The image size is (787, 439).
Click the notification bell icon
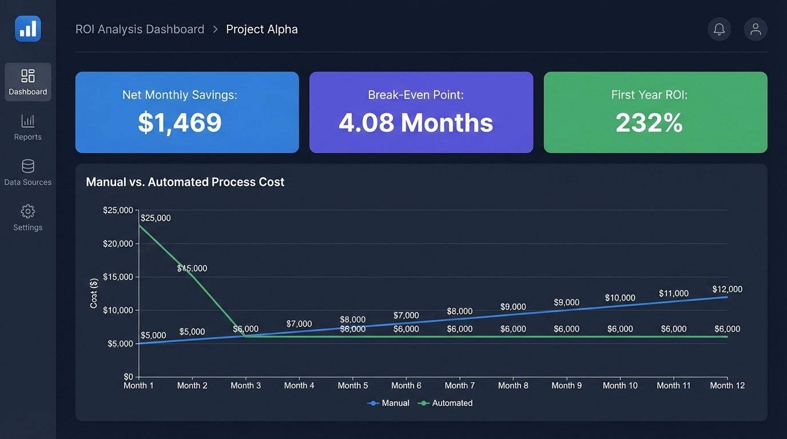pyautogui.click(x=719, y=29)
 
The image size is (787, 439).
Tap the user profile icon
pyautogui.click(x=755, y=29)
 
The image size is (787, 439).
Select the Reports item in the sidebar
pyautogui.click(x=27, y=127)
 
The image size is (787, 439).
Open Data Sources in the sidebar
pyautogui.click(x=27, y=173)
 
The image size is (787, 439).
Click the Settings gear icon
pyautogui.click(x=27, y=211)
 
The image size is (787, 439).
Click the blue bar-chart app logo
pyautogui.click(x=27, y=29)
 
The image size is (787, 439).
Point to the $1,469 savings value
pyautogui.click(x=180, y=122)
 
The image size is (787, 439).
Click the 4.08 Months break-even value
pyautogui.click(x=416, y=122)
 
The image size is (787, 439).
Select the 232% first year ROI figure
pyautogui.click(x=649, y=122)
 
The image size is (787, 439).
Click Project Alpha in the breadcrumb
pyautogui.click(x=262, y=29)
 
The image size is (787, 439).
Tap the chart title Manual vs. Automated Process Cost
pyautogui.click(x=185, y=182)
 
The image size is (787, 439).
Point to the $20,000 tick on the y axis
pyautogui.click(x=118, y=244)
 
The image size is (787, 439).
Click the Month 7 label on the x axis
pyautogui.click(x=460, y=386)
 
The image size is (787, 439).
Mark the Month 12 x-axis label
pyautogui.click(x=727, y=386)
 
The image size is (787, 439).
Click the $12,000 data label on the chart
pyautogui.click(x=727, y=289)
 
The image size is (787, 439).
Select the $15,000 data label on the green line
pyautogui.click(x=192, y=269)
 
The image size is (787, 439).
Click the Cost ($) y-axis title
pyautogui.click(x=94, y=293)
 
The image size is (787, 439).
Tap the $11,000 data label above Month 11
pyautogui.click(x=673, y=293)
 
